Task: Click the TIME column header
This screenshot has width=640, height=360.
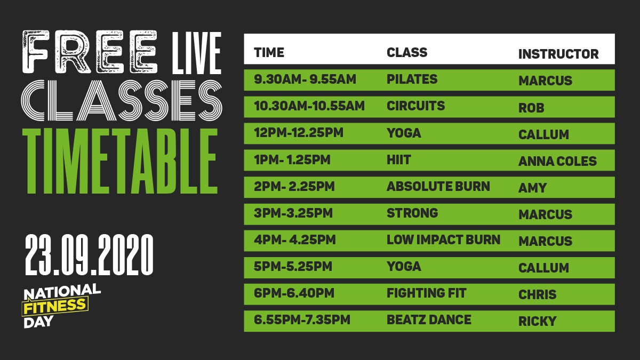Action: [269, 53]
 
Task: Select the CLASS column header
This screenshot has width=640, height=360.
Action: [407, 53]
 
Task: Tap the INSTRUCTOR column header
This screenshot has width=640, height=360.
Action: [558, 54]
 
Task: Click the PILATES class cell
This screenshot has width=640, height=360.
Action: [412, 79]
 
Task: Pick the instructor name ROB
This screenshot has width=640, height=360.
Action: [531, 108]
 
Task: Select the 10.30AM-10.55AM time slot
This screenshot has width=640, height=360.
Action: [309, 106]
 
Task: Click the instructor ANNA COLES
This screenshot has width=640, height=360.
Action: [557, 161]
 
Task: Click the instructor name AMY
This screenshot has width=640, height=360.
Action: [532, 188]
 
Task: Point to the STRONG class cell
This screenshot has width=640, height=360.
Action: [412, 213]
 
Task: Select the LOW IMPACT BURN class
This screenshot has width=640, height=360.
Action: [443, 239]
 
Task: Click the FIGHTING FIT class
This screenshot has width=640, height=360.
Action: [426, 293]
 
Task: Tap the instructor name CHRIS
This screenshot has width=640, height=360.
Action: [537, 294]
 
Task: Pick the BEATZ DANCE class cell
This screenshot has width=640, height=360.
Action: [429, 319]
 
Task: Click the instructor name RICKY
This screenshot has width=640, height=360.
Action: [537, 321]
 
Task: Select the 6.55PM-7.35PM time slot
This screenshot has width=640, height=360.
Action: [302, 319]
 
